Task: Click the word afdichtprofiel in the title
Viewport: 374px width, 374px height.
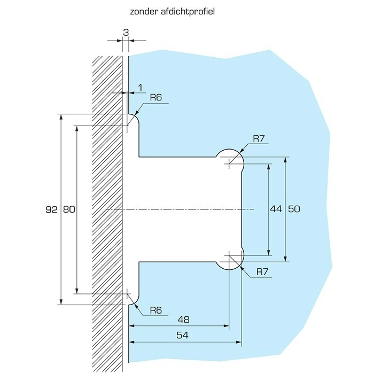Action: [188, 12]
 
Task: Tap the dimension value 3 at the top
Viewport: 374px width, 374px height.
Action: [126, 33]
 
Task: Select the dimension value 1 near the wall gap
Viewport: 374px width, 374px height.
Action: [141, 88]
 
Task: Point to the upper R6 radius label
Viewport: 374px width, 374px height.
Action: [156, 98]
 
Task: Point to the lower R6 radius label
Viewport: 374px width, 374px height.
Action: [156, 310]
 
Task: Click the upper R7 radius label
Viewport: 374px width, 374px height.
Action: [259, 138]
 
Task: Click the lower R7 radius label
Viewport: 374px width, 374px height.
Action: [262, 272]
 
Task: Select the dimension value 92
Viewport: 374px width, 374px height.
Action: [51, 209]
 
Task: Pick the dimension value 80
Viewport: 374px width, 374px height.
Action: [69, 209]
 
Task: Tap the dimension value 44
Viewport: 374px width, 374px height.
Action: [276, 209]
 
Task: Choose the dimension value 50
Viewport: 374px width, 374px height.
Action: [294, 209]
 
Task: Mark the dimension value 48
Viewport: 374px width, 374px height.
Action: [184, 320]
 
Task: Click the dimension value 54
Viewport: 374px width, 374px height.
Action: [183, 336]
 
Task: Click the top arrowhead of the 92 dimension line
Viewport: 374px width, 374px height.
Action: [61, 117]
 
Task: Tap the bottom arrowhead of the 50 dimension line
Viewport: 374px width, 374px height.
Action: [285, 259]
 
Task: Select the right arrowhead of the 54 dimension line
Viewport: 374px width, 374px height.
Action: [238, 342]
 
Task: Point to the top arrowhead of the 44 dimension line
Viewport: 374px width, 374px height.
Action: [269, 167]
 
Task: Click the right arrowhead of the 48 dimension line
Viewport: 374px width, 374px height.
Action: [226, 326]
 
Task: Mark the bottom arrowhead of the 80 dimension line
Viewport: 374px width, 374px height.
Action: [76, 291]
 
